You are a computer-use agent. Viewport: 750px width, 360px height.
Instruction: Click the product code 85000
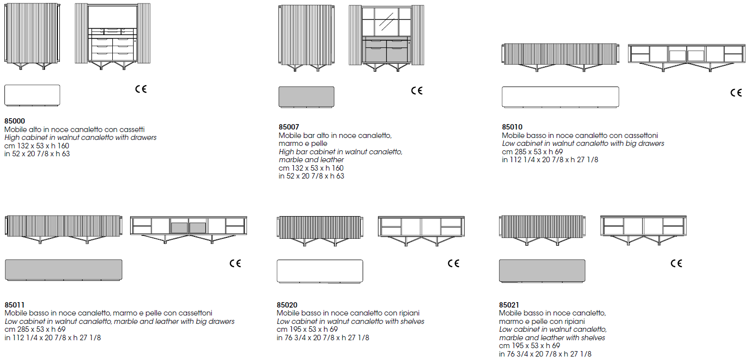[x=15, y=121]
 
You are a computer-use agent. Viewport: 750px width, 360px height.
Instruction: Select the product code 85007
[x=288, y=127]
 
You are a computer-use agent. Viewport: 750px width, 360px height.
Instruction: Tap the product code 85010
[x=512, y=127]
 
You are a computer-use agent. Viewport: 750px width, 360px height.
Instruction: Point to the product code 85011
[x=14, y=305]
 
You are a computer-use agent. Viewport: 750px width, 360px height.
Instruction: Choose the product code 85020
[x=287, y=305]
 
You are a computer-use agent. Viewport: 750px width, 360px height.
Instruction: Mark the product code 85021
[x=509, y=305]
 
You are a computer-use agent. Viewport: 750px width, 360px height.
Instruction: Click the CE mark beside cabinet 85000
[x=141, y=89]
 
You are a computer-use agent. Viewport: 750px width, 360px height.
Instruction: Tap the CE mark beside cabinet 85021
[x=676, y=263]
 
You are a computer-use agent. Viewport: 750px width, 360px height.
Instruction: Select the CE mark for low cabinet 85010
[x=736, y=92]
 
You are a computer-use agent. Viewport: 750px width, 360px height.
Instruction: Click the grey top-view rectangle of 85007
[x=306, y=97]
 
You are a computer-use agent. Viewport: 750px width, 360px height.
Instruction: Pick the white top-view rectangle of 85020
[x=320, y=271]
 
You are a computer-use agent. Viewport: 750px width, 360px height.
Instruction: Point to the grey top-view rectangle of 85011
[x=64, y=270]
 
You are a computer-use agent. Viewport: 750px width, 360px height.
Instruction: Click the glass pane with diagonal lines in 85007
[x=386, y=22]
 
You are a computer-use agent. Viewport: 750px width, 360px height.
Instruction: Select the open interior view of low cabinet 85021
[x=643, y=230]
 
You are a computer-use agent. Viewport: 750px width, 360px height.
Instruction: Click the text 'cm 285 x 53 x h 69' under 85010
[x=532, y=152]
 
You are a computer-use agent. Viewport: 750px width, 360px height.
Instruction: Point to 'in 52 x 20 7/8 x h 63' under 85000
[x=37, y=154]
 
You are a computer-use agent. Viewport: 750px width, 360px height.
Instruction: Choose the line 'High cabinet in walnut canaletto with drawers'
[x=80, y=137]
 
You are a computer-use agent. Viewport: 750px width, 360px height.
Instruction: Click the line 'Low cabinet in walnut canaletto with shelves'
[x=351, y=321]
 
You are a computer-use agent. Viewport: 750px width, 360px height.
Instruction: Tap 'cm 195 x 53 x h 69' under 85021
[x=529, y=346]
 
